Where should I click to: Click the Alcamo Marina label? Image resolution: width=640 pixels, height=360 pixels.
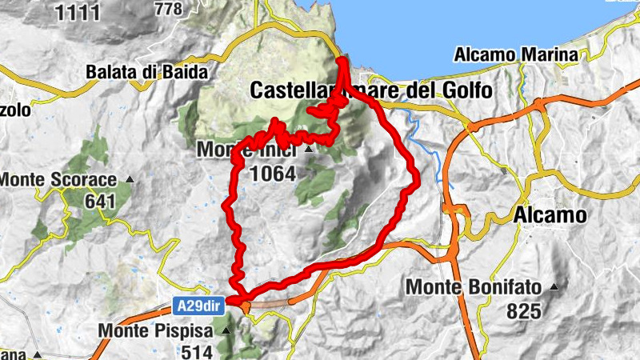coord(515,56)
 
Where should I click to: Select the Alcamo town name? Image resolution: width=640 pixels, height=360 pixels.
coord(550,215)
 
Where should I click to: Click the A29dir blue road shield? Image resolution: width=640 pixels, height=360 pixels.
coord(197,304)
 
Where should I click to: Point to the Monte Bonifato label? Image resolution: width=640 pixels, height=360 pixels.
coord(474,286)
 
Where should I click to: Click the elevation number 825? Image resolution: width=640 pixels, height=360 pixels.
coord(525,311)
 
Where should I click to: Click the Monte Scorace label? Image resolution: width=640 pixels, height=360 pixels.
coord(58,180)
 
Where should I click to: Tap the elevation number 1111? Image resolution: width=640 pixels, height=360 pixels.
coord(78,12)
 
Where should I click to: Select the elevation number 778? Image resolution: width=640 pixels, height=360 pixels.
coord(168,9)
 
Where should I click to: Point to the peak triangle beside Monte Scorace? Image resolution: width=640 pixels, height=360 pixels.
coord(128,180)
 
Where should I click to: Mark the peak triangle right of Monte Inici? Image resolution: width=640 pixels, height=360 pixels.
coord(307,149)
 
